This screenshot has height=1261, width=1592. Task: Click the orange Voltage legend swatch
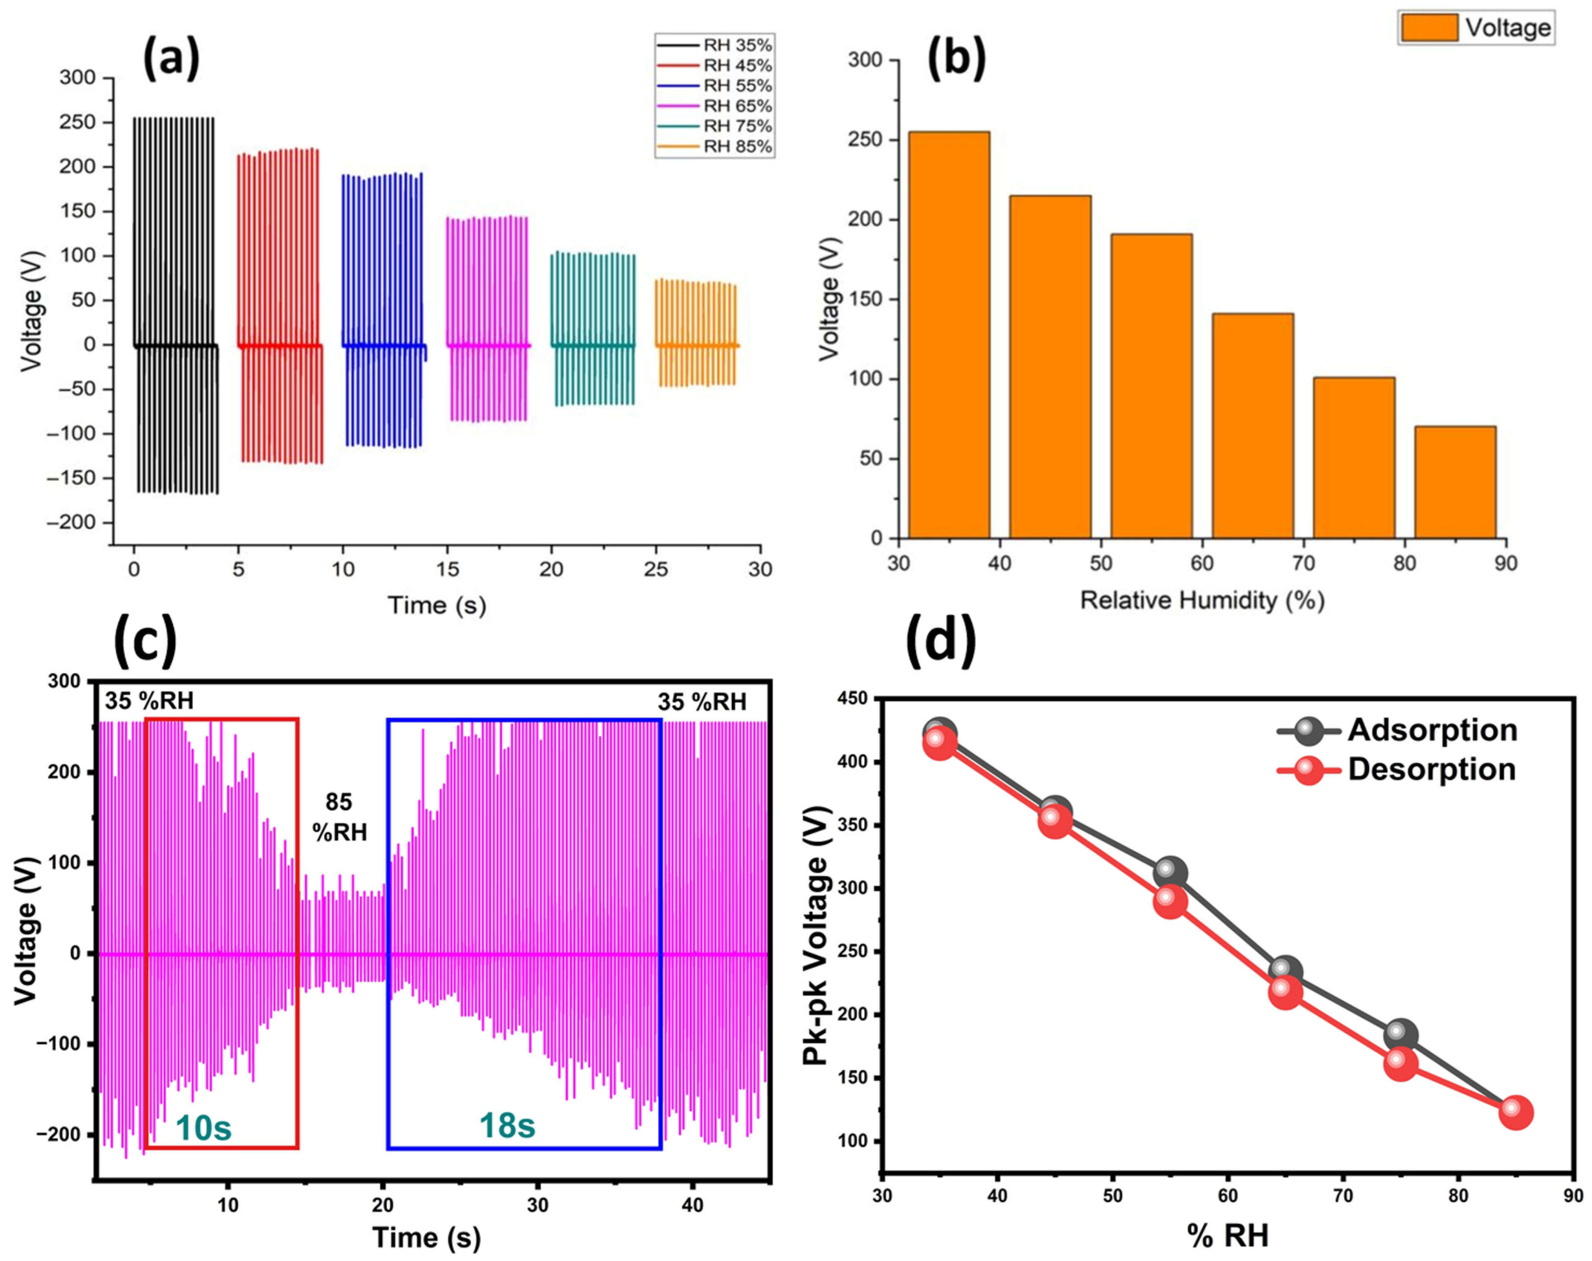point(1429,28)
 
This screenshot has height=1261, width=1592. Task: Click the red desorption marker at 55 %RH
point(1170,902)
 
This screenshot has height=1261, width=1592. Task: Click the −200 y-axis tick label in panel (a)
point(71,523)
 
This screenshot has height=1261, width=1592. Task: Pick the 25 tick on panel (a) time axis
point(656,569)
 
